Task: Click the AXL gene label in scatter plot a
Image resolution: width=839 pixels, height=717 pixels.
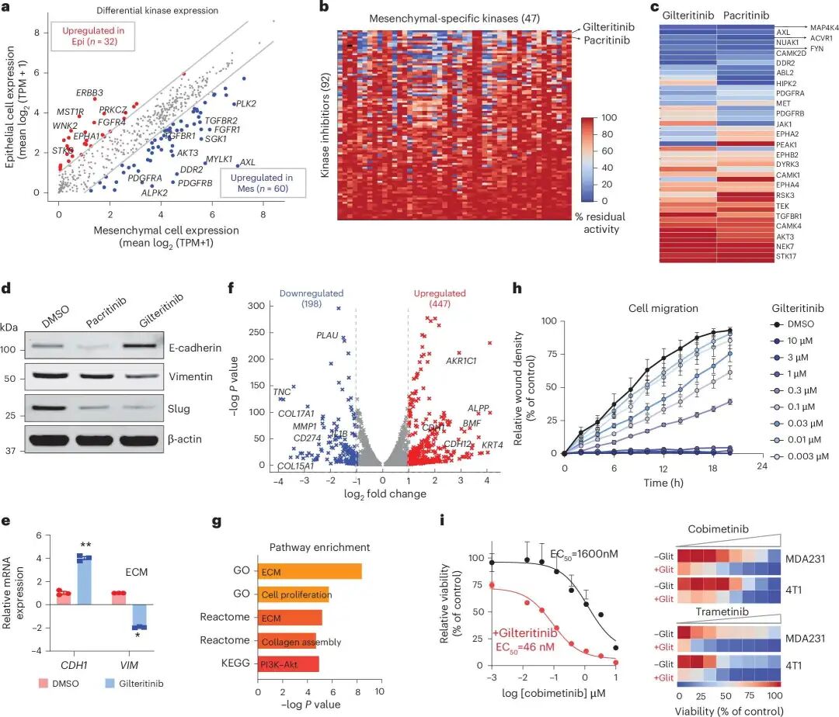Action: point(247,163)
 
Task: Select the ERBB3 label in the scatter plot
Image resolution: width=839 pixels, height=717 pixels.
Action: point(89,92)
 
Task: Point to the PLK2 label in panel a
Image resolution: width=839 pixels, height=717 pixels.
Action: point(246,102)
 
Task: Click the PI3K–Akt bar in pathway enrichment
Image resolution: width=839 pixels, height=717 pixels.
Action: point(288,664)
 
